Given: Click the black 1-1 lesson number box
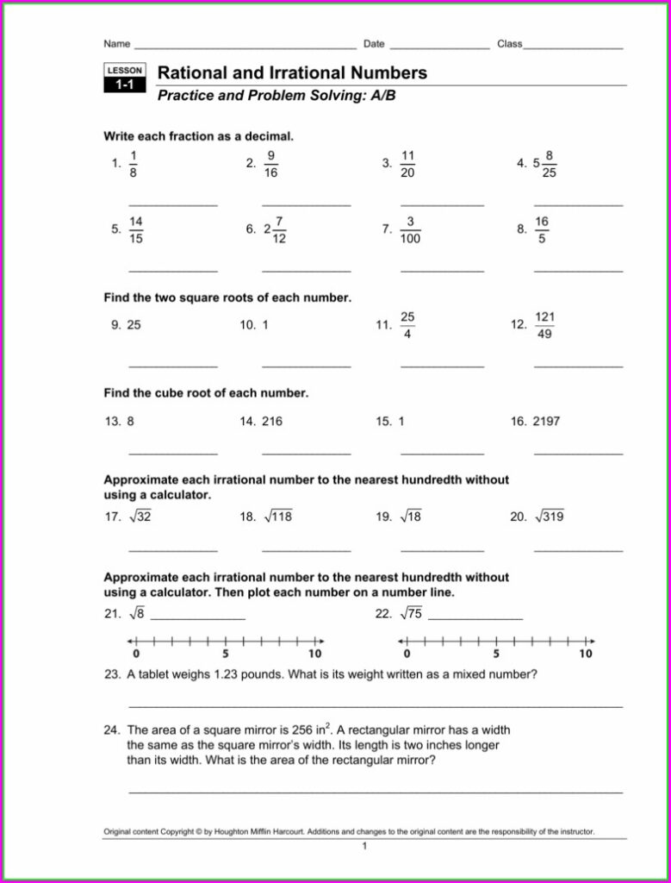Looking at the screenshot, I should coord(125,85).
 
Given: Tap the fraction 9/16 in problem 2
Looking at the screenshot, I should coord(270,164).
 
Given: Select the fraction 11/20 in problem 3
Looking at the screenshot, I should coord(408,164).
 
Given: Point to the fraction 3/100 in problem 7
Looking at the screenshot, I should coord(410,230).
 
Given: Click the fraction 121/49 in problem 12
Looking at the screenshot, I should coord(544,326).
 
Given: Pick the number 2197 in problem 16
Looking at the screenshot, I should coord(546,422).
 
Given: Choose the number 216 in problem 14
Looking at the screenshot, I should coord(272,422).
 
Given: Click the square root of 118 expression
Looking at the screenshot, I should coord(277,517).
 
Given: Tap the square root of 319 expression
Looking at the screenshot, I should coord(549,517).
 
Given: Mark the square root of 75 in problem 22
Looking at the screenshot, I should coord(410,614).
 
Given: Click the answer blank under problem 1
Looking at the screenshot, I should coord(173,204).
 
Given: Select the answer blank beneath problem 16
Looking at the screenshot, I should coord(578,451).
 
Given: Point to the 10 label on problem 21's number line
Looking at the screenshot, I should coord(314,654).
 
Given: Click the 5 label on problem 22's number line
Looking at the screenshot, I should coord(496,654).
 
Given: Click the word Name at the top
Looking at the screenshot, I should coord(117,44).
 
